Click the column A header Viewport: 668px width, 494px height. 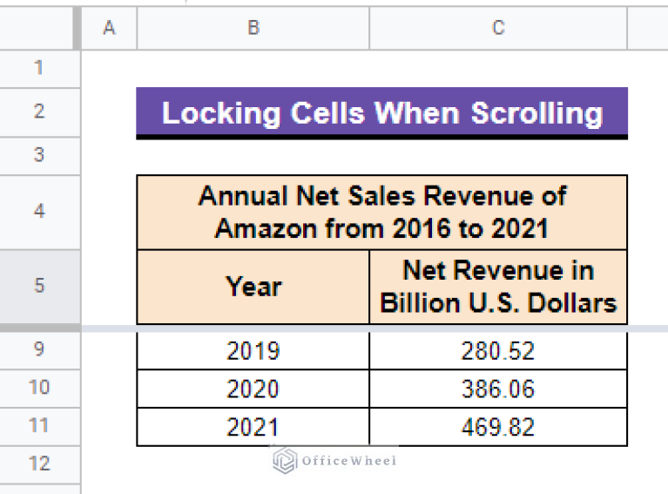(109, 29)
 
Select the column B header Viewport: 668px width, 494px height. (253, 29)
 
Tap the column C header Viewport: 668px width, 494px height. (497, 29)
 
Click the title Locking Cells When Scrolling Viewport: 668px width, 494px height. (381, 113)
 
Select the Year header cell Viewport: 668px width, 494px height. (253, 287)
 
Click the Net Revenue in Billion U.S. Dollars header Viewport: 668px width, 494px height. (497, 287)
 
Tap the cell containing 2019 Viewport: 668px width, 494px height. (253, 350)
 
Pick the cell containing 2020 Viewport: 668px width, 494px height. (253, 389)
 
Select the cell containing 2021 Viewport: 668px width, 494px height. (253, 427)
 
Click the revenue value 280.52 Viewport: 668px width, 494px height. (497, 350)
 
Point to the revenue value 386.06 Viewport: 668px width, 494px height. (497, 389)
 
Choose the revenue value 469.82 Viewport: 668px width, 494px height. (497, 427)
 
